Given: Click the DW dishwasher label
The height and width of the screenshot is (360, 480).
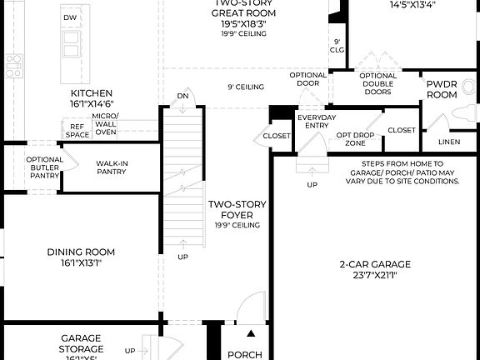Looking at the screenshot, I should (70, 17).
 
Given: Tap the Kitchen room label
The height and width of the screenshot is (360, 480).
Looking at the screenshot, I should (92, 99).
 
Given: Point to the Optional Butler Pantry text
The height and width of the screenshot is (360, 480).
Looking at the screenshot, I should (44, 167).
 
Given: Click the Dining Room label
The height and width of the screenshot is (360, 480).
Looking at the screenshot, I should (81, 257).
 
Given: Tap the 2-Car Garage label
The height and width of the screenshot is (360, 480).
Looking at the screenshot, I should (375, 269).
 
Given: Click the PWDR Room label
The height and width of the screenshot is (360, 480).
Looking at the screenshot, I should (442, 90).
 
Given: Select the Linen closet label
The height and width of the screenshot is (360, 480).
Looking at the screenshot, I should (448, 142).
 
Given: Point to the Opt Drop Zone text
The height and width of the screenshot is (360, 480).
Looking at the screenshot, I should (356, 138).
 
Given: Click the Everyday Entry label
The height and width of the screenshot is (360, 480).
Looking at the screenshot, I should (317, 122).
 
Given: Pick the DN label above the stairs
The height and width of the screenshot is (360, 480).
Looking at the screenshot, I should (182, 97).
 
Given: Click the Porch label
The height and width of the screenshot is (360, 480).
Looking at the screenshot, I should (245, 354).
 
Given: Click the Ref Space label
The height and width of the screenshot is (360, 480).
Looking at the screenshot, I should (77, 130).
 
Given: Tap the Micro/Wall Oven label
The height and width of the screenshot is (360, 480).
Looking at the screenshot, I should (106, 123).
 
